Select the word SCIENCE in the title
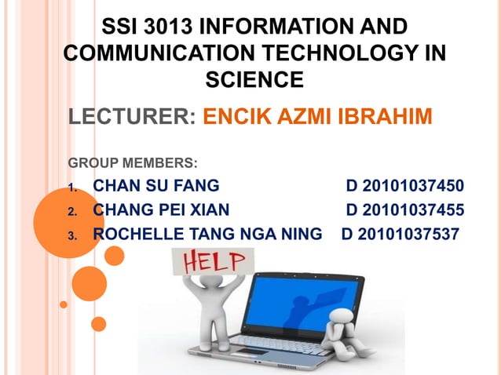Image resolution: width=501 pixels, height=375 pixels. click(254, 79)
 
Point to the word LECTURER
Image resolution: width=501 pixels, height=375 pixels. click(128, 118)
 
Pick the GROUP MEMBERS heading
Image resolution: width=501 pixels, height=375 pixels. click(133, 164)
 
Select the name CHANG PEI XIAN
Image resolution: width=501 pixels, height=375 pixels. click(161, 209)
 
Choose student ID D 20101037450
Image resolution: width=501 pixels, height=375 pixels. click(404, 186)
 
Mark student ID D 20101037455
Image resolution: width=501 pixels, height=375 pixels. click(404, 209)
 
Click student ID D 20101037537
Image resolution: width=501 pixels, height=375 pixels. click(400, 233)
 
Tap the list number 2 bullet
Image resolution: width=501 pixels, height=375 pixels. click(71, 211)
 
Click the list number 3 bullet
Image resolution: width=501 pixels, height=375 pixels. click(71, 235)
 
